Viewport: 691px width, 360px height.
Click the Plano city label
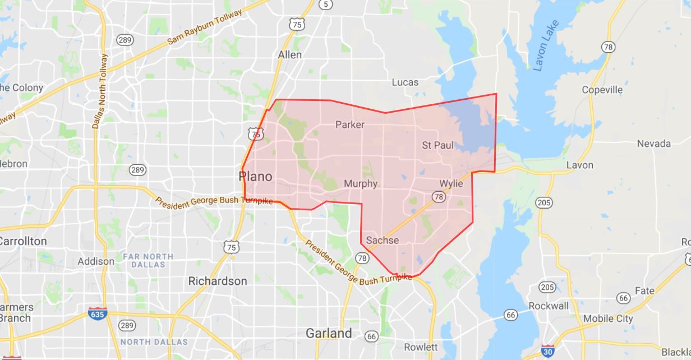[255, 177]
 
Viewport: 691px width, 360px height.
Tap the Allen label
[289, 55]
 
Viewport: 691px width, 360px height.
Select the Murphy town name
[361, 184]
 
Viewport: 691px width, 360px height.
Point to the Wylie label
[451, 184]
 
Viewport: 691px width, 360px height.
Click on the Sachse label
[382, 241]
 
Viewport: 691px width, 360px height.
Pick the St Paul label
[437, 146]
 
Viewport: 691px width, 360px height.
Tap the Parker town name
[349, 124]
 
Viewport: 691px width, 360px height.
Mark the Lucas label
[405, 82]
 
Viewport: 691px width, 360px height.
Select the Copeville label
[602, 90]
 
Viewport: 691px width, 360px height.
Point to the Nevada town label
[653, 144]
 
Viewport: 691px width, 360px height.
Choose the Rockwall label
[548, 306]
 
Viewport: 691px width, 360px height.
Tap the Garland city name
[329, 333]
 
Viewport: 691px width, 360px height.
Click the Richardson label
[218, 281]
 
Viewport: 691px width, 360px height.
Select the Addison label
[96, 261]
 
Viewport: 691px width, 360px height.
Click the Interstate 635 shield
[96, 313]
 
